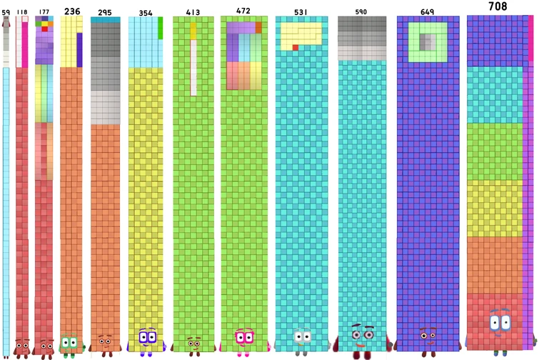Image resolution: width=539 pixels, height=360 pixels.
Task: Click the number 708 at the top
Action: [x=498, y=6]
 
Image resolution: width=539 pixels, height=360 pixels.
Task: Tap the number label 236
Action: [x=71, y=11]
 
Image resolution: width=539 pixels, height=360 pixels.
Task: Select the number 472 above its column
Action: [x=243, y=11]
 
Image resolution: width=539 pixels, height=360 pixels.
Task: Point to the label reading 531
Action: [x=301, y=12]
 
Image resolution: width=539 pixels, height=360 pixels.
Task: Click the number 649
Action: [x=427, y=12]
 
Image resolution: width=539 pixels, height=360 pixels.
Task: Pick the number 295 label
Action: [x=104, y=13]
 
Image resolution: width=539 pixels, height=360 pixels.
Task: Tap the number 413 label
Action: [x=193, y=13]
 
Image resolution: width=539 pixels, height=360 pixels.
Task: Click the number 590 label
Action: [x=361, y=12]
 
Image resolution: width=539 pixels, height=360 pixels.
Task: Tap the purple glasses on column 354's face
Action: [x=147, y=336]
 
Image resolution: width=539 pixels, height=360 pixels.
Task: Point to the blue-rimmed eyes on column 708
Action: [x=500, y=322]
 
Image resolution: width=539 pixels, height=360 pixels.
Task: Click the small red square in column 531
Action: [x=295, y=47]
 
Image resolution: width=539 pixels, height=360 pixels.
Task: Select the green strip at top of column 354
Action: [x=160, y=28]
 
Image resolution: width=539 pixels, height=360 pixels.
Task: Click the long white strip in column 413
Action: [x=193, y=68]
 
